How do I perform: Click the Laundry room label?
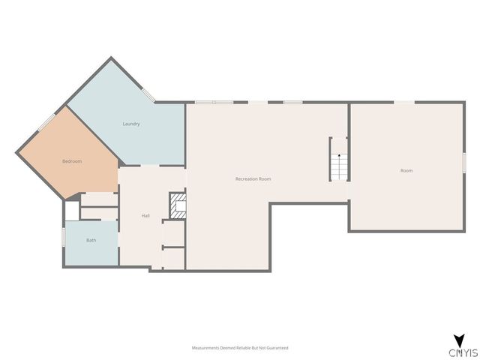(131, 124)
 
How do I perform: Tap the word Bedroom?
(72, 161)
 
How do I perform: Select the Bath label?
(91, 240)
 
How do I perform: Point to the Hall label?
(145, 216)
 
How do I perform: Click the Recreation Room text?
(253, 178)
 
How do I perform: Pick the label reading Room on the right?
(406, 170)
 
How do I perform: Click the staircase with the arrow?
(339, 166)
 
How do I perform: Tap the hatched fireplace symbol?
(178, 205)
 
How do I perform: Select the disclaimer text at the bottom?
(240, 348)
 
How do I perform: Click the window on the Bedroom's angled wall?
(46, 122)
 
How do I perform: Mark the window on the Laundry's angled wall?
(148, 95)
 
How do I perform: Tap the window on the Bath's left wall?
(64, 237)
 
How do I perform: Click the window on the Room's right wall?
(464, 163)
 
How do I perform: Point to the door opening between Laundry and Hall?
(150, 166)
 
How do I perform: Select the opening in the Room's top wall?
(404, 102)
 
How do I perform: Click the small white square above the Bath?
(72, 211)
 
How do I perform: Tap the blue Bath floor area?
(91, 243)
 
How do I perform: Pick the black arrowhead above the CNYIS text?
(460, 340)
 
